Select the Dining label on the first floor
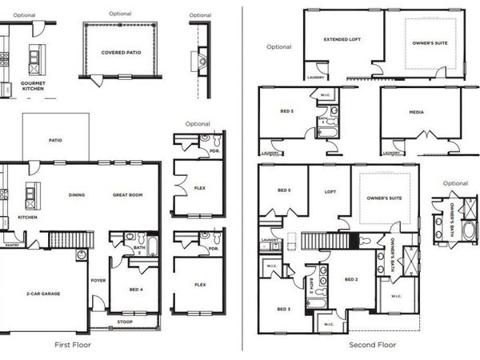point(77,194)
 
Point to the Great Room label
point(128,194)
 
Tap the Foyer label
point(98,281)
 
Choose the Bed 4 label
point(135,289)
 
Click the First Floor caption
point(74,345)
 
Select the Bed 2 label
point(350,279)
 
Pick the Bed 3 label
point(282,308)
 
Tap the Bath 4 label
point(323,121)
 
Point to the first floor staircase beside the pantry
point(61,238)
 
